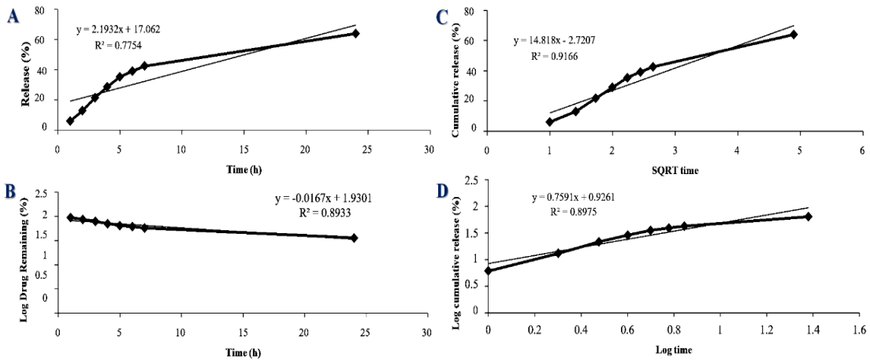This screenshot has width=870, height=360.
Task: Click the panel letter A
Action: (x=12, y=17)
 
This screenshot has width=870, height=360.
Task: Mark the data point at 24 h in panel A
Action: (x=355, y=33)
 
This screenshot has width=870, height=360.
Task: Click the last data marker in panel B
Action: (x=355, y=238)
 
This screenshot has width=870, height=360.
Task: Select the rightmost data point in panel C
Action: (x=794, y=35)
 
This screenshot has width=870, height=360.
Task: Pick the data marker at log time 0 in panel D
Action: (x=489, y=270)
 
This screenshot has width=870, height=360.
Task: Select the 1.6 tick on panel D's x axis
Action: (x=863, y=325)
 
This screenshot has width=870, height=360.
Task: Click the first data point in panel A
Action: (x=70, y=121)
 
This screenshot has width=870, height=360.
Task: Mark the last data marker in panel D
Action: (x=808, y=217)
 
